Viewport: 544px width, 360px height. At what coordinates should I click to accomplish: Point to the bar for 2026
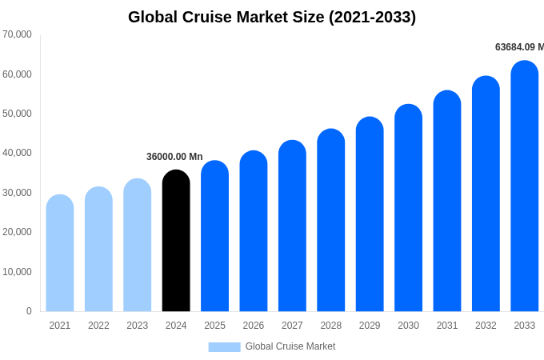[254, 231]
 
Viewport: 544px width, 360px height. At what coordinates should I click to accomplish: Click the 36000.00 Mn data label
[174, 157]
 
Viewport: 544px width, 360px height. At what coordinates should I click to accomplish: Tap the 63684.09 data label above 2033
[518, 47]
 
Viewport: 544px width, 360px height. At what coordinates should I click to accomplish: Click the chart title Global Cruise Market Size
[272, 17]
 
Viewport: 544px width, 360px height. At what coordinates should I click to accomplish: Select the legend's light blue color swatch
[224, 347]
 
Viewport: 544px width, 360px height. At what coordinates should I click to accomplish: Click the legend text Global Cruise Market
[290, 346]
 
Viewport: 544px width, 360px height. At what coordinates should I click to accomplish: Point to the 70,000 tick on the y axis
[17, 34]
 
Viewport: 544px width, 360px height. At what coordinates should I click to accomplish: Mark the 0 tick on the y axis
[29, 311]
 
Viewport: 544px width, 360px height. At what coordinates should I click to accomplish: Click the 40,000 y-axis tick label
[17, 153]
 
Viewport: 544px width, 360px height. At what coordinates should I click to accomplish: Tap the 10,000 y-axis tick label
[17, 272]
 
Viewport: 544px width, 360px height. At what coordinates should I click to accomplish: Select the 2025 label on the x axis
[214, 326]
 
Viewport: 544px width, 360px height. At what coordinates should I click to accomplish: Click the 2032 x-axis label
[486, 326]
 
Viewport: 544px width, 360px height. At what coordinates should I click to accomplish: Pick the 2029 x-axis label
[370, 326]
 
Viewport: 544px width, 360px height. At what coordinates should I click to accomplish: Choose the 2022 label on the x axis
[98, 326]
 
